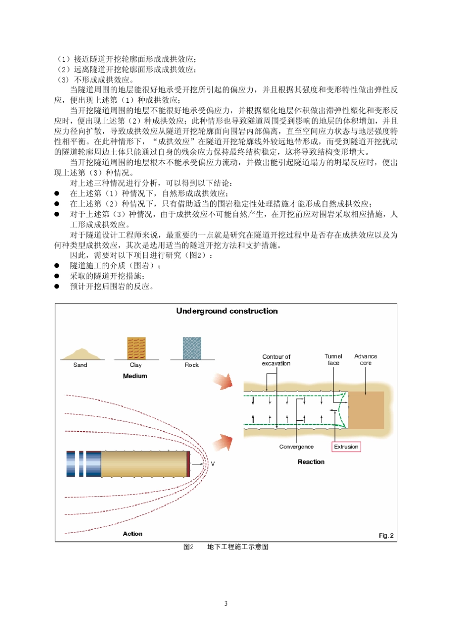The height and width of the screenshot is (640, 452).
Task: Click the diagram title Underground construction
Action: click(227, 311)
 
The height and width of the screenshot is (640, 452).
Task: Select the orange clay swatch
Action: click(136, 348)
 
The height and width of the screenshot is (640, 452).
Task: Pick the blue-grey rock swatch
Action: click(192, 348)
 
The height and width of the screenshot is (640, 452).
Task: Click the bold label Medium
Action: click(135, 376)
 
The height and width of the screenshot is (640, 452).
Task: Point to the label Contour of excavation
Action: click(276, 360)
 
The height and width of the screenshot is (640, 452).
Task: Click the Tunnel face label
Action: click(334, 359)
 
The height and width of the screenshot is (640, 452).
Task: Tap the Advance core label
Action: click(365, 359)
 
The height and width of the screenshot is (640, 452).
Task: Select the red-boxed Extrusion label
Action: click(346, 447)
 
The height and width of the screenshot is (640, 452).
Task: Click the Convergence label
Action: click(296, 447)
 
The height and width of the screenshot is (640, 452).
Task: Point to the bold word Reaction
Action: click(311, 462)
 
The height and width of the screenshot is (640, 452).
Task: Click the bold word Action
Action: click(133, 534)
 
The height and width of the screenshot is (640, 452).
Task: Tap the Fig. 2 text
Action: click(386, 535)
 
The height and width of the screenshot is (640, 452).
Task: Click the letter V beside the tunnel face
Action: click(213, 463)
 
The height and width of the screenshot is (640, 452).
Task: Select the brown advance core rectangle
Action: click(366, 410)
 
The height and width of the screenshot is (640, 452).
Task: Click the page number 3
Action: click(226, 603)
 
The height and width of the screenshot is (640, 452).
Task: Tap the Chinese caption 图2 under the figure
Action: click(188, 547)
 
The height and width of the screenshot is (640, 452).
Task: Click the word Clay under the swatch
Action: click(136, 365)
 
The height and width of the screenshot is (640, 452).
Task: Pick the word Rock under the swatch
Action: click(192, 365)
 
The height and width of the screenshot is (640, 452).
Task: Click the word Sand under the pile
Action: click(80, 365)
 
